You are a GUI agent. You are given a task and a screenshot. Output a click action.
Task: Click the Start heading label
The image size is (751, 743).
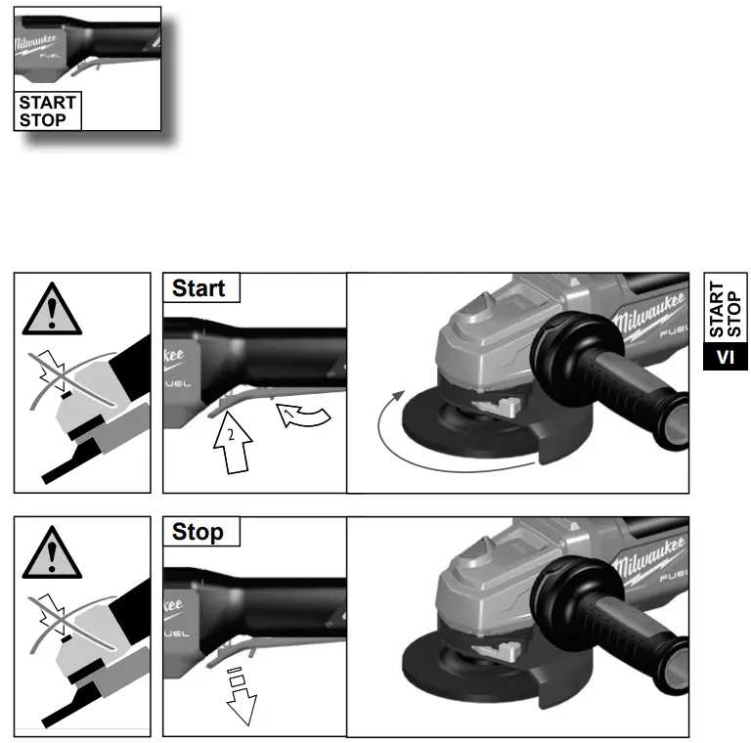[199, 288]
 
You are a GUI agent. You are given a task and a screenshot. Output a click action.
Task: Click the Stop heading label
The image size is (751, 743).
[198, 533]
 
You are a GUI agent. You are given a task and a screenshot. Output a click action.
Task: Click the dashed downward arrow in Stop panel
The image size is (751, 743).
[239, 695]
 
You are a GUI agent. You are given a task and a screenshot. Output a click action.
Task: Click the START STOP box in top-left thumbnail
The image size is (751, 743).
[46, 111]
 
